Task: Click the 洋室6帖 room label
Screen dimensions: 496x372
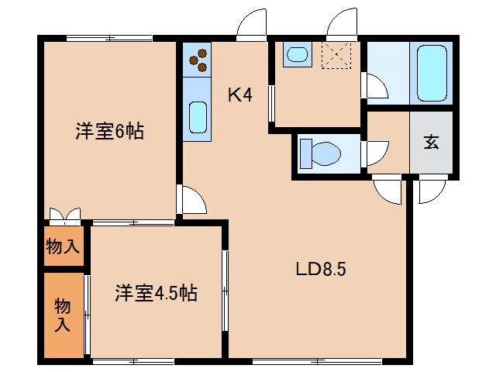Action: (109, 131)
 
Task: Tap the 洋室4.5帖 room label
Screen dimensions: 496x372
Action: (156, 293)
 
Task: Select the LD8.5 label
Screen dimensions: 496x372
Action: (321, 270)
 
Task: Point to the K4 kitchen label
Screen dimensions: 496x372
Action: (240, 95)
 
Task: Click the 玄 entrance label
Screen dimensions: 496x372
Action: (432, 142)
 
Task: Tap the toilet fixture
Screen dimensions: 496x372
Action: (320, 154)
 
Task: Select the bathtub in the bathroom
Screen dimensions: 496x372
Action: (432, 74)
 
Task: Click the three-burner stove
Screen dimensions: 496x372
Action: (198, 60)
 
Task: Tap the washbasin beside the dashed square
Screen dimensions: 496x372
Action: (297, 54)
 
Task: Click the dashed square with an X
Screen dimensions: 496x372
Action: (336, 56)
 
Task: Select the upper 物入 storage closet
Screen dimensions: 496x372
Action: (64, 246)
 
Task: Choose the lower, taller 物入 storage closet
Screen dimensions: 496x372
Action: (64, 315)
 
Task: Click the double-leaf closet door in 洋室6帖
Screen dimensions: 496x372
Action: (65, 215)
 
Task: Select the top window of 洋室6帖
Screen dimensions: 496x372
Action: (109, 39)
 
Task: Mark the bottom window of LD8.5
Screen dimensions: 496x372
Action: (317, 361)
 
